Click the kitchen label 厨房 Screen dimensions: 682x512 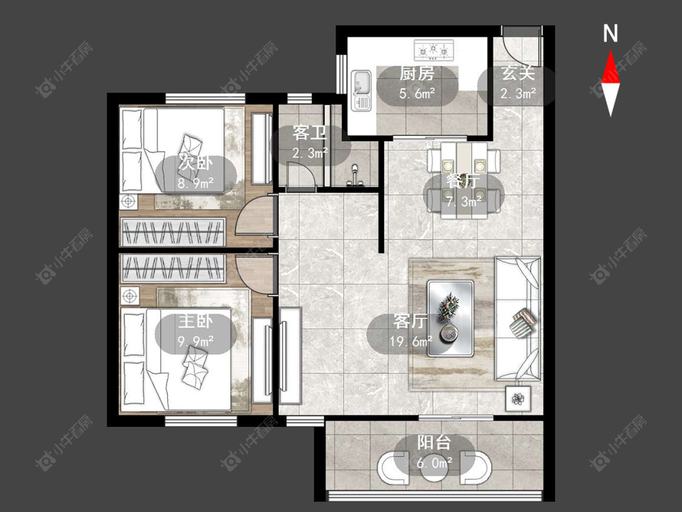[416, 74]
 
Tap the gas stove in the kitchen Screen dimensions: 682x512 [433, 50]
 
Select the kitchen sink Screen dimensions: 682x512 [361, 90]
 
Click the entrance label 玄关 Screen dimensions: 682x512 [518, 73]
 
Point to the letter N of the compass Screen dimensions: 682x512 [610, 33]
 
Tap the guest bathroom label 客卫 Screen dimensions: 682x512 [309, 133]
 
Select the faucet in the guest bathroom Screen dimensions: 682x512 [355, 175]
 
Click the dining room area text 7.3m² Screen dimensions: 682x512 [464, 201]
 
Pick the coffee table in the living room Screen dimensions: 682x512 [450, 318]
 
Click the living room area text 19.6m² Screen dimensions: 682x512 [410, 341]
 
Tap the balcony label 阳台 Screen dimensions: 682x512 [433, 443]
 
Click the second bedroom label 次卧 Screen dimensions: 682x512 [196, 163]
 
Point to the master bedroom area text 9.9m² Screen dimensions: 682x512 [196, 341]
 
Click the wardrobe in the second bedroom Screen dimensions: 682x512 [173, 232]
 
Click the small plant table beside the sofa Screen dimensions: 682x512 [518, 399]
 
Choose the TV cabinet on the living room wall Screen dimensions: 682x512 [290, 355]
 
